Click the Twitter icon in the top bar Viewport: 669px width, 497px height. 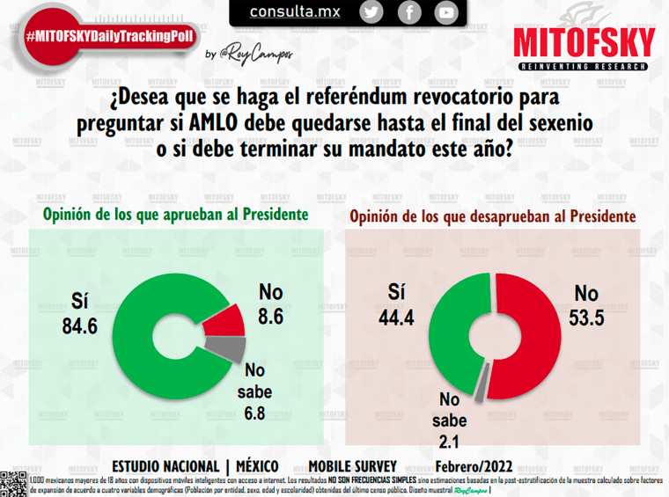372,12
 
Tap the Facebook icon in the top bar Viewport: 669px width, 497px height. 409,12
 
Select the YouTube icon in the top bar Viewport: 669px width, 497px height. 447,12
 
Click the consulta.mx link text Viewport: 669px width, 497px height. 295,12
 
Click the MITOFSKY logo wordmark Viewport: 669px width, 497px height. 584,41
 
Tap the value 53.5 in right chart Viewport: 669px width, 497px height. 586,318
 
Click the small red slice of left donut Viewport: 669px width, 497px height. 225,323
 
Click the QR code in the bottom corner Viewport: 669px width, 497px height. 13,483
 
